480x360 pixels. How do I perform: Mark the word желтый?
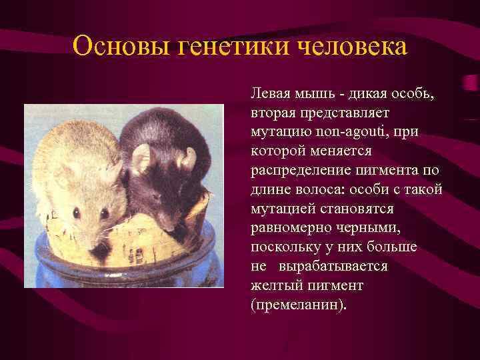coord(273,285)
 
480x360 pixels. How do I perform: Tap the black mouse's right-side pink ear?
coord(189,159)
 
